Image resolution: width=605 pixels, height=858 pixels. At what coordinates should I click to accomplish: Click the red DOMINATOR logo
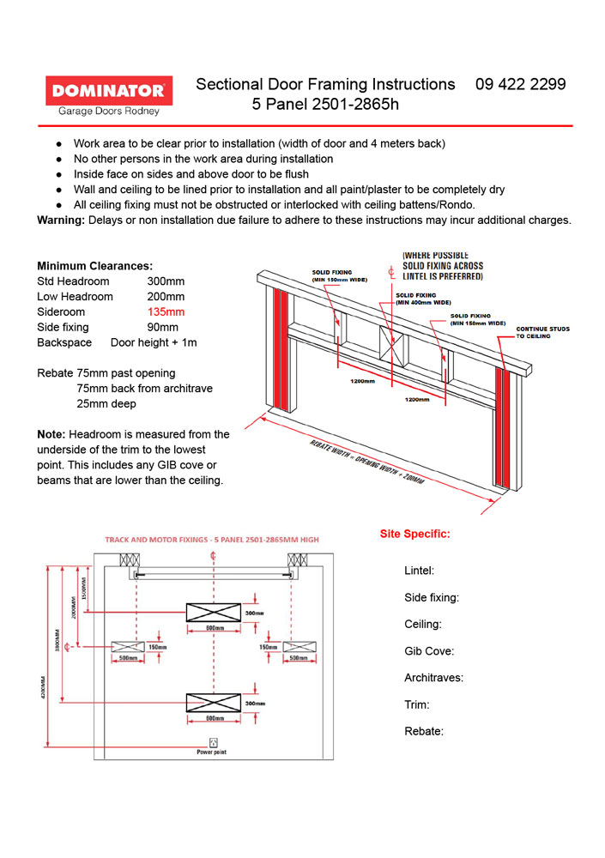(108, 90)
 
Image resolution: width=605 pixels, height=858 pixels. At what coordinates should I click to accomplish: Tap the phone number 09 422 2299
(520, 84)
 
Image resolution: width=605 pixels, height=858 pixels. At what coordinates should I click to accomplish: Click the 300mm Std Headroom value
(166, 281)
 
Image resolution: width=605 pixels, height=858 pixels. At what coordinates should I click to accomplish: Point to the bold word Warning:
(61, 220)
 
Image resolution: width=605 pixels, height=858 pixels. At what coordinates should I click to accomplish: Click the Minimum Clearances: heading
(95, 266)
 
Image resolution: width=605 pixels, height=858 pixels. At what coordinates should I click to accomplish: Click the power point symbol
(212, 742)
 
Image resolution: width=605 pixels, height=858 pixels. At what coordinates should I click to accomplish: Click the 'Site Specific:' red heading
(414, 534)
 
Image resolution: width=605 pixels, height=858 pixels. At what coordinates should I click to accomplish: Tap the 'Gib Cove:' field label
(429, 651)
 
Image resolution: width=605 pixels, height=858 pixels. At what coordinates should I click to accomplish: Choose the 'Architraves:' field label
(433, 678)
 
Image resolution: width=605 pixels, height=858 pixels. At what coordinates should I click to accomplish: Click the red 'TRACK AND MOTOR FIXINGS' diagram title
(211, 541)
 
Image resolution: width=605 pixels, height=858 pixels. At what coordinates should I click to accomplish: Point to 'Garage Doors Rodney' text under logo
(108, 111)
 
